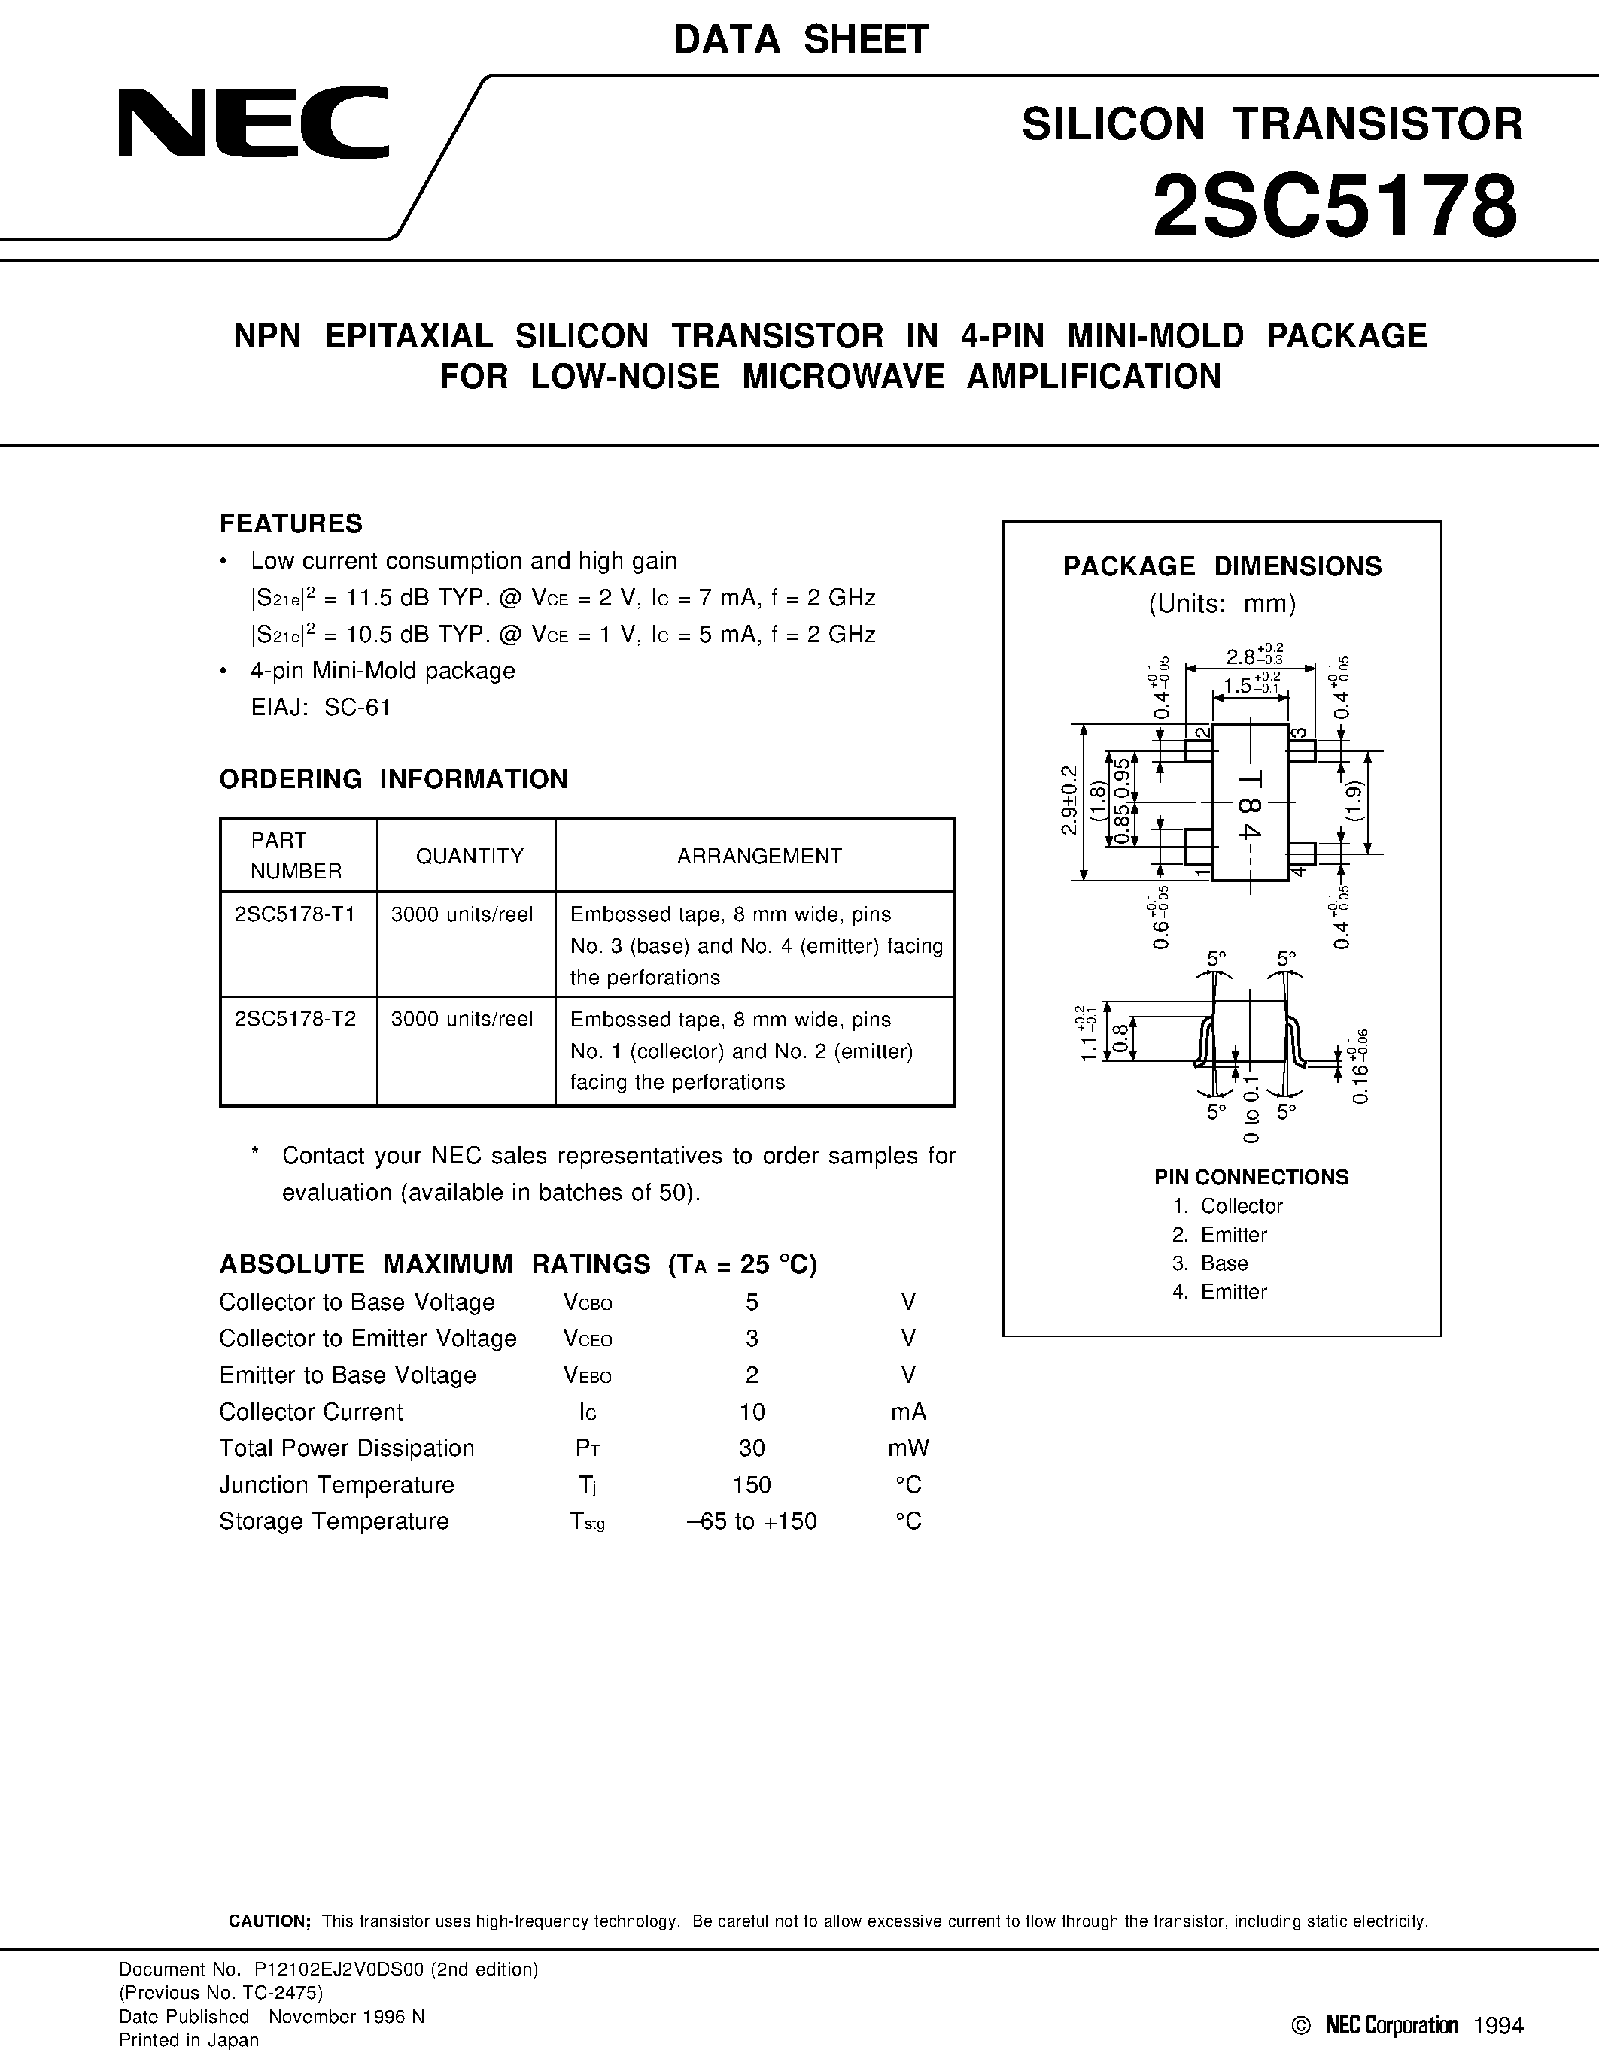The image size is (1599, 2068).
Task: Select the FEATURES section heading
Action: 290,523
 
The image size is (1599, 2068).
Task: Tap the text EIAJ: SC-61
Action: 321,708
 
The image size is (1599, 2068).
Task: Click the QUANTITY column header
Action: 469,856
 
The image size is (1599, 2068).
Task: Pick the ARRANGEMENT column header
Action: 758,856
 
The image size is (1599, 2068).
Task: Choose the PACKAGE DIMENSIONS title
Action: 1222,566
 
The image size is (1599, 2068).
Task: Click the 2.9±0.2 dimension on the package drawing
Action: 1069,800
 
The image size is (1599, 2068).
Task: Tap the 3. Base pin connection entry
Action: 1210,1263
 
